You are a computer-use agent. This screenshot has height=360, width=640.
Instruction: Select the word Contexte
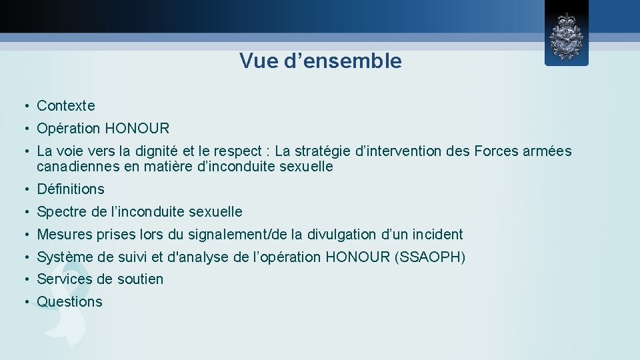pos(66,105)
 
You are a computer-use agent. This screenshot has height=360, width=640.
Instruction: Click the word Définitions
pos(71,189)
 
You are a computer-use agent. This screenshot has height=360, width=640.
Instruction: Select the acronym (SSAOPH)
pos(430,257)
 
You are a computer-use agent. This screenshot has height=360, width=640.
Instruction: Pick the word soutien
pos(139,279)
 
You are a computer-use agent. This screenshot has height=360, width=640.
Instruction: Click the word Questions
pos(70,302)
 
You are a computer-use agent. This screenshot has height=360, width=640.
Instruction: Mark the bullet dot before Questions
pos(23,302)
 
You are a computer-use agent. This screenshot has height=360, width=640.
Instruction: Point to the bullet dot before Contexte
pos(23,105)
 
